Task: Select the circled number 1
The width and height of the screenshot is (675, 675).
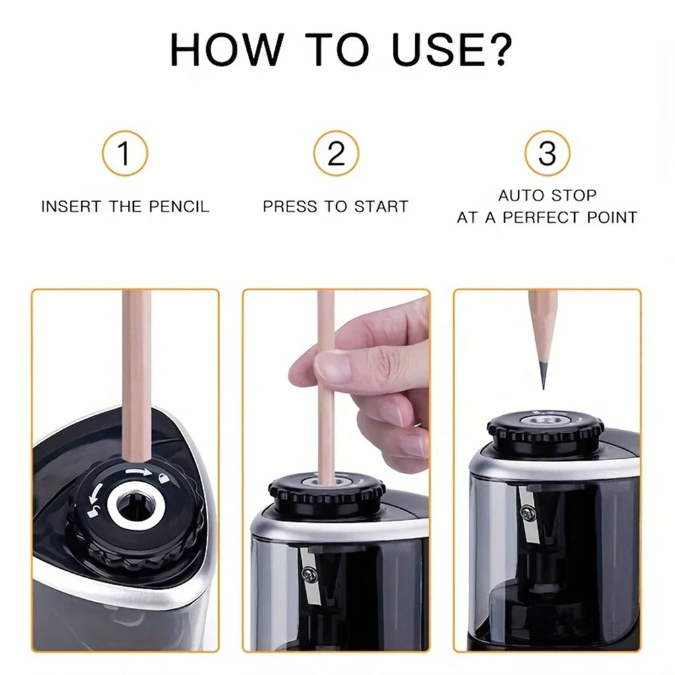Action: [125, 154]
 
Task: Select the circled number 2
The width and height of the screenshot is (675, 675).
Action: [336, 154]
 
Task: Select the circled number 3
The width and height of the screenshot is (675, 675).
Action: [547, 154]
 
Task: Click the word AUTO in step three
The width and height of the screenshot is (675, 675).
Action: [517, 196]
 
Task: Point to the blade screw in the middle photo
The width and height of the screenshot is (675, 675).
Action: [307, 574]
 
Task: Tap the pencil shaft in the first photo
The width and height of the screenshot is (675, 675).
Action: [137, 376]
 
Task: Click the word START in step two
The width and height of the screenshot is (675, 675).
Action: [382, 206]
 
